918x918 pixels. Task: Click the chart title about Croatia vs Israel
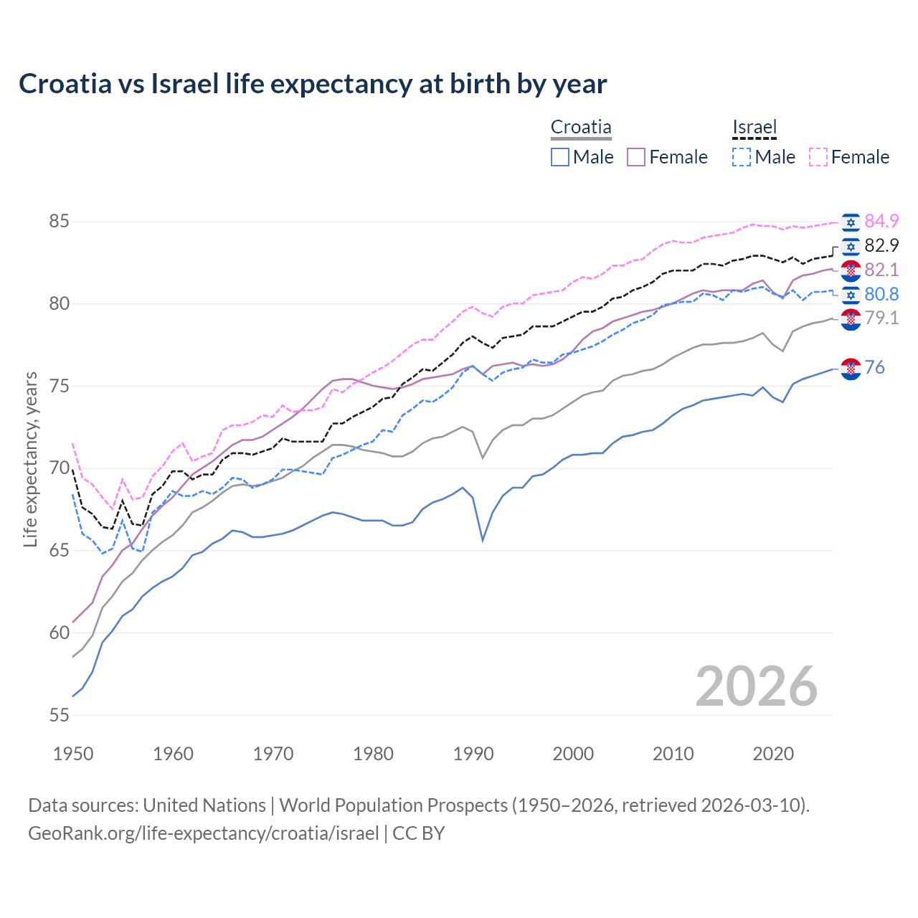pyautogui.click(x=313, y=84)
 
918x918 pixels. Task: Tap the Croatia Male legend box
pyautogui.click(x=560, y=157)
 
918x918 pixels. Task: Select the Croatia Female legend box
pyautogui.click(x=636, y=157)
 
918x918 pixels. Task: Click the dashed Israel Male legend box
pyautogui.click(x=742, y=157)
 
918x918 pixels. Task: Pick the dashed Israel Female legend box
pyautogui.click(x=818, y=157)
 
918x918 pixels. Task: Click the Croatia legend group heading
pyautogui.click(x=581, y=128)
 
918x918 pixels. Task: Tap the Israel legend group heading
pyautogui.click(x=754, y=128)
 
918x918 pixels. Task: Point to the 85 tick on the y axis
pyautogui.click(x=59, y=222)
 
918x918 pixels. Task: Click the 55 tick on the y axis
pyautogui.click(x=59, y=715)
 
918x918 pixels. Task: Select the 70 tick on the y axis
pyautogui.click(x=59, y=468)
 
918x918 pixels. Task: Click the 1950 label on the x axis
pyautogui.click(x=73, y=754)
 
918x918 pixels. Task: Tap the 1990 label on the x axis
pyautogui.click(x=473, y=754)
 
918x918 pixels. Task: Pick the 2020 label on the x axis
pyautogui.click(x=773, y=754)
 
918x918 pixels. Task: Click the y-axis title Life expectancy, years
pyautogui.click(x=30, y=459)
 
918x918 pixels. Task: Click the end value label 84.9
pyautogui.click(x=881, y=222)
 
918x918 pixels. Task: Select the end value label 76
pyautogui.click(x=875, y=368)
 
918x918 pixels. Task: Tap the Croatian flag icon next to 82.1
pyautogui.click(x=851, y=270)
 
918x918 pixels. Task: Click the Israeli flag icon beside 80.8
pyautogui.click(x=851, y=295)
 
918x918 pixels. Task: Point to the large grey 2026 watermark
pyautogui.click(x=756, y=686)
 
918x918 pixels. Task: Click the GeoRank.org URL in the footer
pyautogui.click(x=203, y=833)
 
